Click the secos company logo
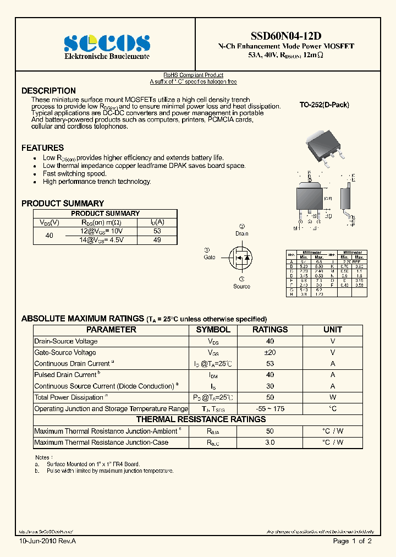tap(107, 43)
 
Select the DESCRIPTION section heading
tap(48, 91)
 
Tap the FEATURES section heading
tap(42, 148)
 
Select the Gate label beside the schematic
tap(210, 257)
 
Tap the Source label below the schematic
tap(241, 286)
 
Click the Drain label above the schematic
tap(242, 233)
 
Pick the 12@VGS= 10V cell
tap(102, 231)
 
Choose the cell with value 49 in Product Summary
tap(157, 240)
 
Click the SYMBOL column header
tap(213, 330)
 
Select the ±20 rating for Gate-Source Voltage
tap(269, 352)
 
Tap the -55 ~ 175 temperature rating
tap(269, 408)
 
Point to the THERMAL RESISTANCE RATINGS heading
tap(201, 419)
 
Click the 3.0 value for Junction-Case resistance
tap(269, 443)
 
